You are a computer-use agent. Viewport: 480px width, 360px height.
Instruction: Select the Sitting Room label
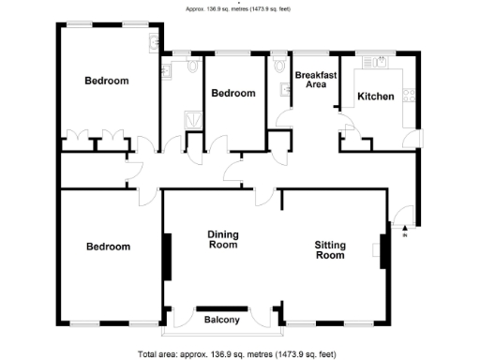pyautogui.click(x=329, y=249)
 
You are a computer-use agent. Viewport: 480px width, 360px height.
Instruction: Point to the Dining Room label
pyautogui.click(x=222, y=240)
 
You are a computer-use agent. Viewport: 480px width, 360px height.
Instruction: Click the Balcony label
pyautogui.click(x=222, y=321)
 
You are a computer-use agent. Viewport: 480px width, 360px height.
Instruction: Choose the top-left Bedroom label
pyautogui.click(x=106, y=81)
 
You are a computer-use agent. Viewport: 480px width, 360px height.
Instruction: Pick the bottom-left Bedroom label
pyautogui.click(x=108, y=247)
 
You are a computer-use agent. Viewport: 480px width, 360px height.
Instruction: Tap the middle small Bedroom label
pyautogui.click(x=232, y=93)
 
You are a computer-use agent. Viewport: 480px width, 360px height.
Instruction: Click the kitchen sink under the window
pyautogui.click(x=380, y=64)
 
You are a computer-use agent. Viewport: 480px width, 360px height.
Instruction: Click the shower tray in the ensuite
pyautogui.click(x=193, y=119)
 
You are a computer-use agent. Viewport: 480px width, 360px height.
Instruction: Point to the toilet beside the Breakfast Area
pyautogui.click(x=281, y=66)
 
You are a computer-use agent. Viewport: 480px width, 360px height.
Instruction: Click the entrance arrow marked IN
pyautogui.click(x=404, y=228)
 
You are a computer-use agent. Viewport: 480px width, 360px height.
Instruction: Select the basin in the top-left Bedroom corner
pyautogui.click(x=151, y=42)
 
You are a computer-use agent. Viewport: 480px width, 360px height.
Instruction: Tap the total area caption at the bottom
pyautogui.click(x=240, y=353)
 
